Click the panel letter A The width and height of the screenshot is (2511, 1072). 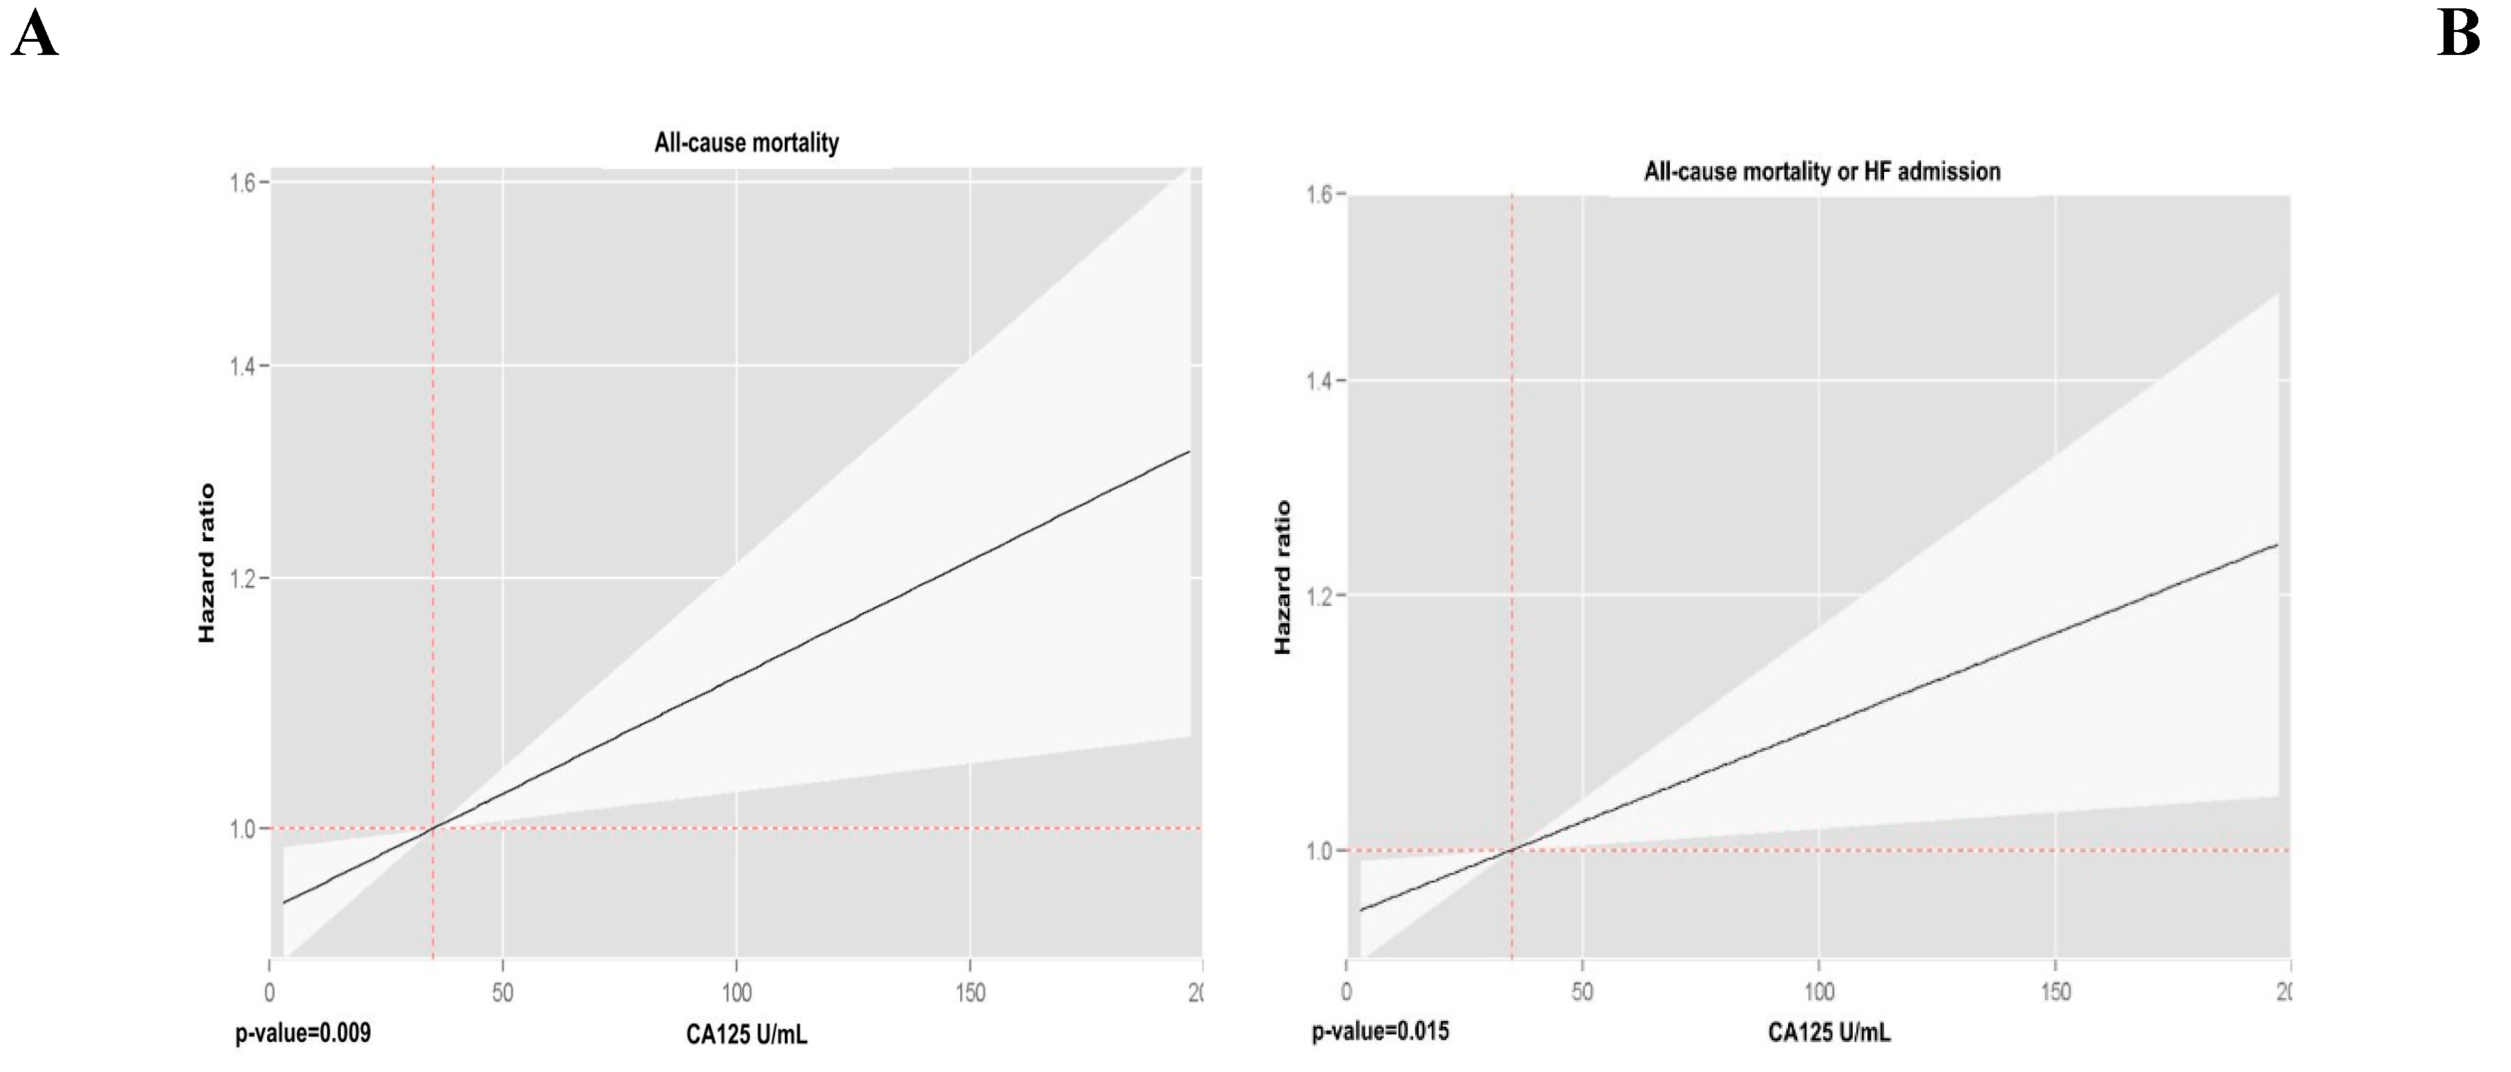[35, 36]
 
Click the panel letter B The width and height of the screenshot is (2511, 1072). [2458, 36]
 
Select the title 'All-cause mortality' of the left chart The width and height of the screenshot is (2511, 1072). [746, 143]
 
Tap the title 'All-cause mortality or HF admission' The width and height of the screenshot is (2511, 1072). [1822, 172]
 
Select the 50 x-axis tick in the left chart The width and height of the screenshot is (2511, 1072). [502, 993]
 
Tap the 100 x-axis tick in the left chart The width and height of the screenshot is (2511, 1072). [736, 993]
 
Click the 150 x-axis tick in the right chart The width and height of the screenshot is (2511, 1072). [2056, 992]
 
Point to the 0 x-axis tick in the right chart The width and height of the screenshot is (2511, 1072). [1346, 992]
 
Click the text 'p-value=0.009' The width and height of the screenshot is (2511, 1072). [303, 1033]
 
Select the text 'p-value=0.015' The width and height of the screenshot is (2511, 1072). [1380, 1031]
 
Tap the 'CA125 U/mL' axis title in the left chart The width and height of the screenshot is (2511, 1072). [746, 1034]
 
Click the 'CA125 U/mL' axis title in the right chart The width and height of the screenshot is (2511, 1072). [1828, 1032]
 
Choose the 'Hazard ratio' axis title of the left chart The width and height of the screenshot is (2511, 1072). [207, 563]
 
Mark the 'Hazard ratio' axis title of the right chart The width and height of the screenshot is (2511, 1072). [1283, 577]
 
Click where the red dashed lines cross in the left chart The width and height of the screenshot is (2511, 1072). [433, 829]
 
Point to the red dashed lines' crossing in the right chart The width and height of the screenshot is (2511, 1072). [1512, 851]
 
